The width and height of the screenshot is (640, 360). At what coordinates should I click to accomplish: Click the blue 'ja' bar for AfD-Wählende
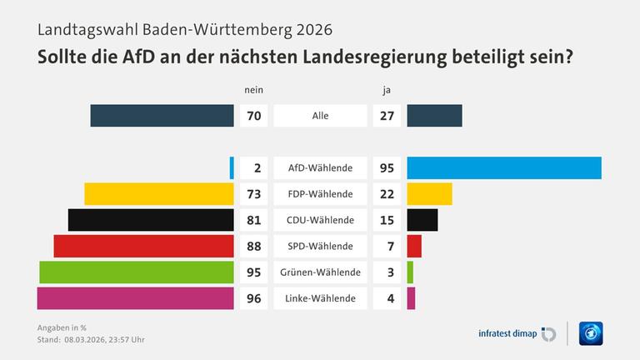click(x=504, y=167)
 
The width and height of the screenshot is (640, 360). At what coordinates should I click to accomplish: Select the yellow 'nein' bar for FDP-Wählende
click(x=159, y=194)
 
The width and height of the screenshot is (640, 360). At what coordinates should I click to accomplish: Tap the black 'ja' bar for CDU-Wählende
click(x=422, y=220)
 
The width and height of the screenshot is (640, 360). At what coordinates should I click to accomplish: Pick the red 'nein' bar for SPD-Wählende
click(x=143, y=246)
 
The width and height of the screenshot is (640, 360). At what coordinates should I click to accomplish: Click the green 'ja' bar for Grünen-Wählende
click(x=410, y=272)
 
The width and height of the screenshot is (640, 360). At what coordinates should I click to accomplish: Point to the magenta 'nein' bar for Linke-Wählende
click(x=136, y=297)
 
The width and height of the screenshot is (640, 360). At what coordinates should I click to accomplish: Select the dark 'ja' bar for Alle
click(x=434, y=116)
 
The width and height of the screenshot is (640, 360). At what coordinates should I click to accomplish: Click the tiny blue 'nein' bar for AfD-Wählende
click(x=232, y=167)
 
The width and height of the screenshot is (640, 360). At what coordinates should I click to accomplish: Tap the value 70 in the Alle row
click(x=254, y=116)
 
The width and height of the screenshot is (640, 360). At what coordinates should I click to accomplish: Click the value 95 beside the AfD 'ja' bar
click(x=387, y=167)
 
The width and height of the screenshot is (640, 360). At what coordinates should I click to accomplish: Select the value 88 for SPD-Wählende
click(x=254, y=246)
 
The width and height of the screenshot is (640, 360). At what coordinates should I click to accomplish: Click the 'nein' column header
click(x=253, y=89)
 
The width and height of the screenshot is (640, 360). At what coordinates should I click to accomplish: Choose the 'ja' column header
click(x=387, y=89)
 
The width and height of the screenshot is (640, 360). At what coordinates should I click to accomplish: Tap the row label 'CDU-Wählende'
click(x=320, y=220)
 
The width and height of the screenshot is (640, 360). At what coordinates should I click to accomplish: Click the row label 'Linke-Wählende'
click(x=320, y=297)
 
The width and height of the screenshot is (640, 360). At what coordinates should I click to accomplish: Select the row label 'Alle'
click(x=320, y=116)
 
